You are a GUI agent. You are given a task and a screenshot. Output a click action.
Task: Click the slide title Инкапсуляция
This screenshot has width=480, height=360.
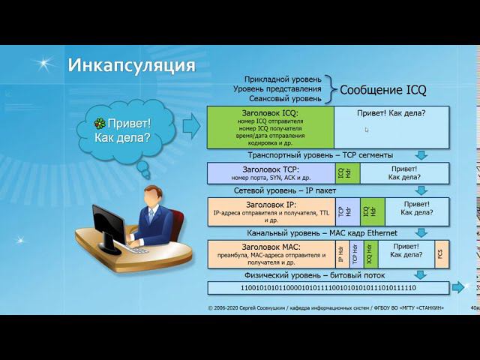[131, 64]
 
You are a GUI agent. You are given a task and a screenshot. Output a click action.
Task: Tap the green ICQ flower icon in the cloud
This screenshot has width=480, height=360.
[100, 124]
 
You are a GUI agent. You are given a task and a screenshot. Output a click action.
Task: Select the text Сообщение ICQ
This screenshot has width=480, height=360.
[382, 90]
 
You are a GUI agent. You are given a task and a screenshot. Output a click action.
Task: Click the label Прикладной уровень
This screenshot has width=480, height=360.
[283, 79]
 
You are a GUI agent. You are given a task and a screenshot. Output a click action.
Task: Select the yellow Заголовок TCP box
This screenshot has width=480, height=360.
[271, 173]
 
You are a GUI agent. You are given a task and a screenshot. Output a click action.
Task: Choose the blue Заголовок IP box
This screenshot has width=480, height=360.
[271, 212]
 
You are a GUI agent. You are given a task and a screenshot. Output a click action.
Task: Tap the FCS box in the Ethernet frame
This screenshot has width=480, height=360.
[441, 254]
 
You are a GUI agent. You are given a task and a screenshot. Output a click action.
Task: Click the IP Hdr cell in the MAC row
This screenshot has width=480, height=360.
[341, 254]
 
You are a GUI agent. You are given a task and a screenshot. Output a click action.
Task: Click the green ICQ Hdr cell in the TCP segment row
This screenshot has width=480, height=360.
[341, 173]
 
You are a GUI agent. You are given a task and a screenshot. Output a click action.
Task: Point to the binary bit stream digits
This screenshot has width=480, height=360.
[328, 288]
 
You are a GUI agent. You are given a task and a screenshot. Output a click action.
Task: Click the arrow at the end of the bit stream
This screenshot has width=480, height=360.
[457, 288]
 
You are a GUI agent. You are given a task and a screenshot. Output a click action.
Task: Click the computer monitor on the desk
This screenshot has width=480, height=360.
[110, 226]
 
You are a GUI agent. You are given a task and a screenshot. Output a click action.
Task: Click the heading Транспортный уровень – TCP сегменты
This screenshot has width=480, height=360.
[320, 155]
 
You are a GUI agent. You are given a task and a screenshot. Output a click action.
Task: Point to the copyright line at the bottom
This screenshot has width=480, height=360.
[325, 307]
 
